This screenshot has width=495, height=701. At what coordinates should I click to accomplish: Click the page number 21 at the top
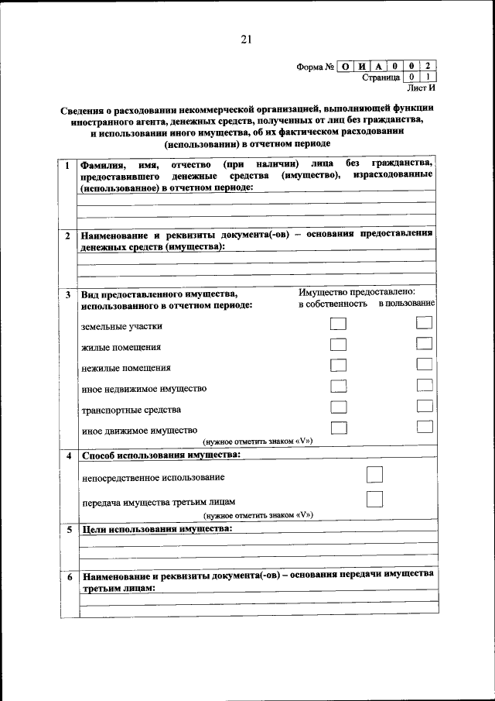247,40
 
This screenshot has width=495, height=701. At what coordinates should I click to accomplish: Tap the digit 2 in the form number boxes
428,66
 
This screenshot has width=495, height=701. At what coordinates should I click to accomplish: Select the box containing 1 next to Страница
428,77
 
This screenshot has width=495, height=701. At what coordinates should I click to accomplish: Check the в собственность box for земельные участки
338,325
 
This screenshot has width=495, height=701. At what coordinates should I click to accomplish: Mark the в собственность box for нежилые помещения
338,365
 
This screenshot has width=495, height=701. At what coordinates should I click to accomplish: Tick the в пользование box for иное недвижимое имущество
423,385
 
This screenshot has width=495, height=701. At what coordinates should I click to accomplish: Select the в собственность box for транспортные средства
338,407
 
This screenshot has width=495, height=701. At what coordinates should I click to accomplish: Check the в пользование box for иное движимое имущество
423,426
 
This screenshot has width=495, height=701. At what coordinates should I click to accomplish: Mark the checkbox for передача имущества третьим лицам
374,499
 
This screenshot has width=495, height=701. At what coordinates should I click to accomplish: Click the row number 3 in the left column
68,295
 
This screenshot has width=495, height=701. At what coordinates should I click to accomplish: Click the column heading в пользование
406,304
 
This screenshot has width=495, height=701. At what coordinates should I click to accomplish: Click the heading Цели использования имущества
156,529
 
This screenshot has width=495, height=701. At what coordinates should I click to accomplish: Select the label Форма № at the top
315,67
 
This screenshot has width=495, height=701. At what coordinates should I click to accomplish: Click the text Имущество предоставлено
357,292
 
